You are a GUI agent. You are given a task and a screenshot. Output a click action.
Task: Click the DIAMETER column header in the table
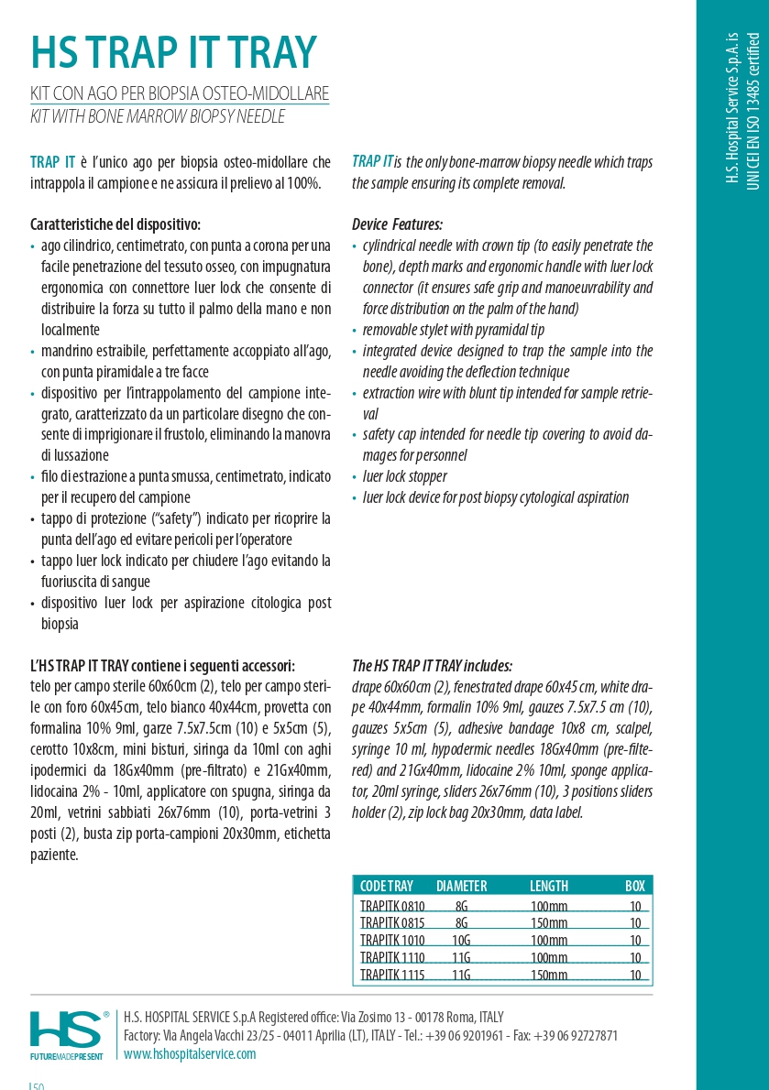[461, 886]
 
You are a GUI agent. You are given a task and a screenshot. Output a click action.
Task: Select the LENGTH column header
[548, 886]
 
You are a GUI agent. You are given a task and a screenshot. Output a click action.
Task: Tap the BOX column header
[635, 886]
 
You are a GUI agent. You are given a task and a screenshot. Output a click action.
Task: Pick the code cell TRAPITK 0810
[392, 906]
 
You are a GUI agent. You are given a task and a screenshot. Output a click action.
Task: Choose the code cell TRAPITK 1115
[392, 975]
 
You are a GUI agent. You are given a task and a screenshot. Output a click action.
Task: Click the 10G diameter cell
[461, 940]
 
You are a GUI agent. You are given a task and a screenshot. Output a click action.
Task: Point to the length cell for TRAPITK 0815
[549, 923]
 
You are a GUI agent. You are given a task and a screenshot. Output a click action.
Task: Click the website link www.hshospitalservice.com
[190, 1053]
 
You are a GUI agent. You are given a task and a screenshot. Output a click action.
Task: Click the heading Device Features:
[397, 224]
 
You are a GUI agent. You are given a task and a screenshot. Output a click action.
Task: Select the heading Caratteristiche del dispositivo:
[115, 224]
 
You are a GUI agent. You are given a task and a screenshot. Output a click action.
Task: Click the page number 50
[38, 1086]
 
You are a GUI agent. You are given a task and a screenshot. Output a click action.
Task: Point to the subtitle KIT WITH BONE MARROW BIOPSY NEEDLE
[158, 116]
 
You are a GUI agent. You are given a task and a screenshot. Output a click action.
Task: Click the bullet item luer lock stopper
[404, 476]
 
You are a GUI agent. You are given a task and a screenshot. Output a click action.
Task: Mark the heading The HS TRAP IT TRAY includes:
[432, 666]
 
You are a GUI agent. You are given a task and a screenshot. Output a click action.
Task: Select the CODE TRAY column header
[386, 886]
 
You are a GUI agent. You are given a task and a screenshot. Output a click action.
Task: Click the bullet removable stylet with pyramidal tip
[453, 330]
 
